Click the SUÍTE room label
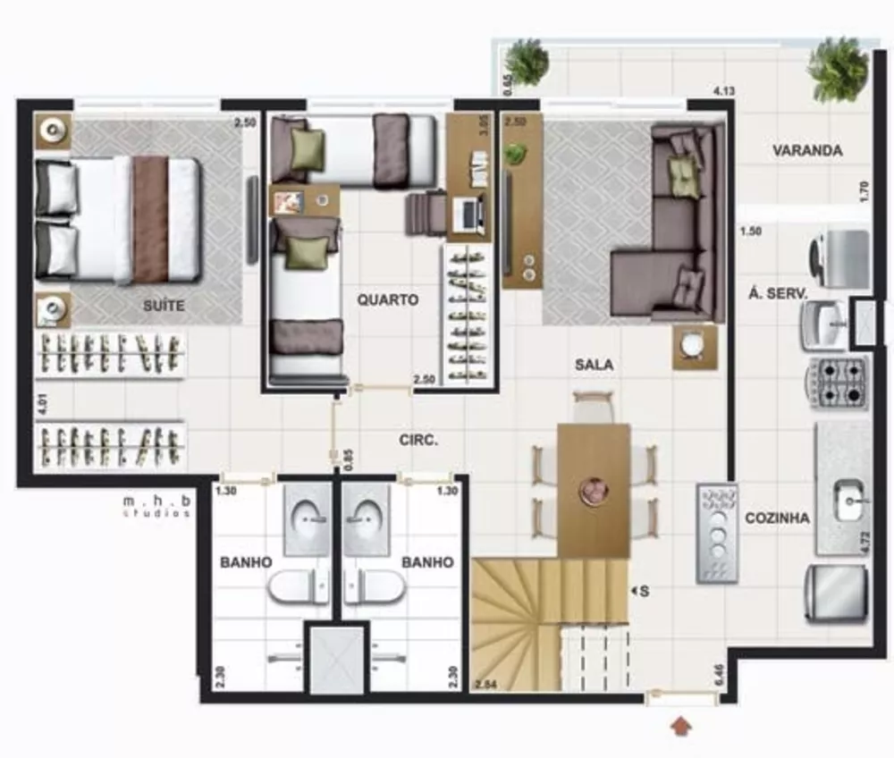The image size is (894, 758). click(x=164, y=306)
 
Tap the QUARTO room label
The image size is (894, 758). click(x=388, y=300)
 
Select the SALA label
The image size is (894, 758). click(x=594, y=365)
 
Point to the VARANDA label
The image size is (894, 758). click(x=807, y=151)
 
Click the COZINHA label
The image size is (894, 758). click(x=777, y=518)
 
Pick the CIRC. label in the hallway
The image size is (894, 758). click(x=418, y=440)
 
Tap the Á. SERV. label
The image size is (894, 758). click(x=779, y=293)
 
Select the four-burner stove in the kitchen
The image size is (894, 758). click(x=838, y=383)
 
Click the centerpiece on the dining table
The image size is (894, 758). click(x=593, y=490)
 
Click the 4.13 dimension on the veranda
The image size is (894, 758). click(x=724, y=90)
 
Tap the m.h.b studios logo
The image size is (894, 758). click(x=157, y=507)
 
